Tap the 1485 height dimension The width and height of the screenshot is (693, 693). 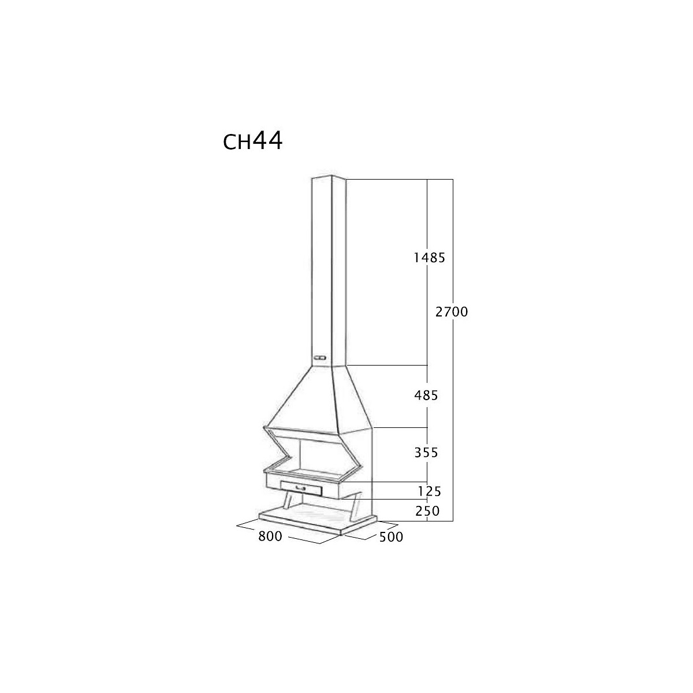(x=430, y=258)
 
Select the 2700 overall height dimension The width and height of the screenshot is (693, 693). (x=452, y=312)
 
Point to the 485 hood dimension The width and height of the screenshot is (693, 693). (x=426, y=396)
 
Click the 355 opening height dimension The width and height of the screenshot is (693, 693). (x=426, y=452)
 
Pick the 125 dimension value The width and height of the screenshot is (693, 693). (x=430, y=491)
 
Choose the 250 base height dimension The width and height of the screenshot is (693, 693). (x=427, y=511)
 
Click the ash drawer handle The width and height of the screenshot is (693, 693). (x=300, y=488)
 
